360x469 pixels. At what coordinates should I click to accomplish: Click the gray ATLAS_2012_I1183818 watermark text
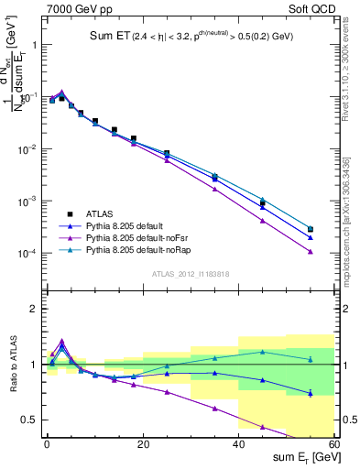click(x=190, y=273)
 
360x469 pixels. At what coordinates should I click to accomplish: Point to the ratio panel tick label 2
click(x=34, y=309)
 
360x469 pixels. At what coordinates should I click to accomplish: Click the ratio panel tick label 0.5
click(x=30, y=420)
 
